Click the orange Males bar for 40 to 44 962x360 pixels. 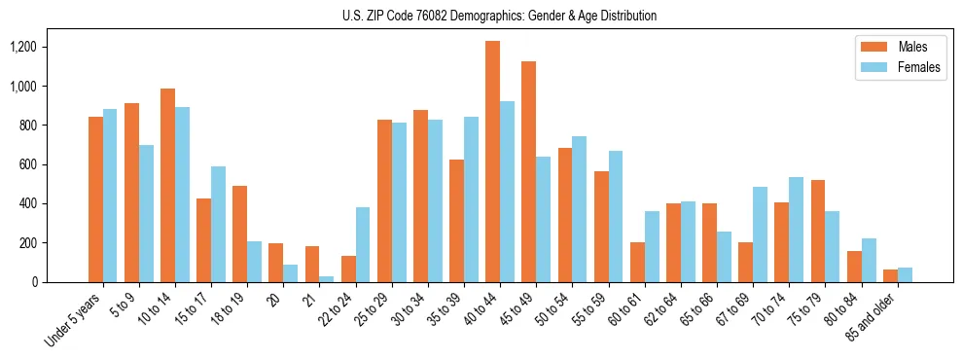click(492, 162)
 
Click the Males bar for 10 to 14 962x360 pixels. click(167, 185)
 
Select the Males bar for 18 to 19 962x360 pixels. click(239, 234)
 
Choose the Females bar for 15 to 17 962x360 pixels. click(218, 224)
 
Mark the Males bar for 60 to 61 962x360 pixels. click(637, 262)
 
